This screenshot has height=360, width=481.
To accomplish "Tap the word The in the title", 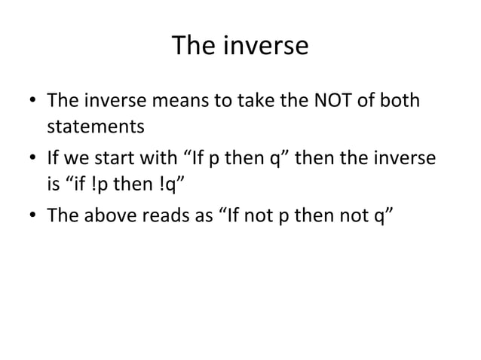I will click(191, 47).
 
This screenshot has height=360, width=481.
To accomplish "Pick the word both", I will click(398, 100).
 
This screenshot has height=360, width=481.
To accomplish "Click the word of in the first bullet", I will click(365, 100).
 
